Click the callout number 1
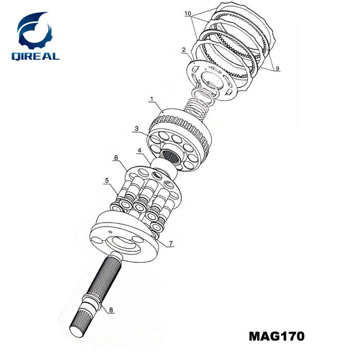(152, 98)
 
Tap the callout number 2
(183, 50)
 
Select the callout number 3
(137, 128)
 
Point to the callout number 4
(139, 151)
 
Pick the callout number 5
(107, 181)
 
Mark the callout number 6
(116, 157)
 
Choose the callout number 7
(171, 242)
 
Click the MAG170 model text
(276, 337)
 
